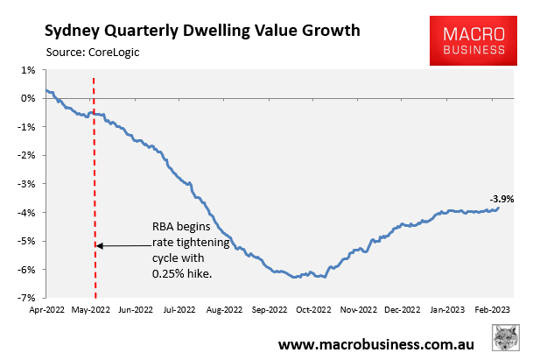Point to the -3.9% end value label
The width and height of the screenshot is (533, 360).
pos(501,199)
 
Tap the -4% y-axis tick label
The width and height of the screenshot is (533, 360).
pos(26,213)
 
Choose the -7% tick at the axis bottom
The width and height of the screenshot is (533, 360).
pos(26,298)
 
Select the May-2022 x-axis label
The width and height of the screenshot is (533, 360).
pos(90,309)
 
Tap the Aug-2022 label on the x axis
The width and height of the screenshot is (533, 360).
pos(225,309)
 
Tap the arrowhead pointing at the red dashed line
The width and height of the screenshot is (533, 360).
pos(99,245)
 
